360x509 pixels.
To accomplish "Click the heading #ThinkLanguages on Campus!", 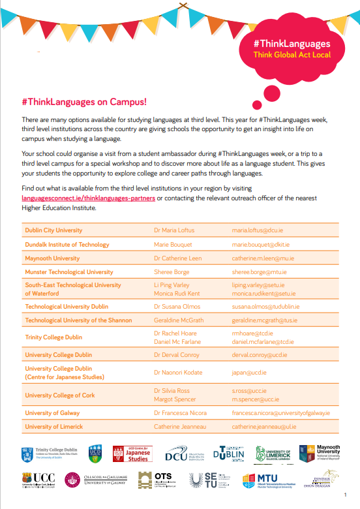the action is click(84, 102).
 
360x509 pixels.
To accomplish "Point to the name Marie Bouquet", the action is click(173, 245).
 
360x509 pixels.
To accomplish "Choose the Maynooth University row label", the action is click(52, 258).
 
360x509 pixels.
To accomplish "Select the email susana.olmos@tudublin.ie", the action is click(265, 306).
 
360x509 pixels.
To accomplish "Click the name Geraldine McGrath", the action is click(179, 320).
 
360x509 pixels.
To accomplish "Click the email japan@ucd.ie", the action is click(249, 373).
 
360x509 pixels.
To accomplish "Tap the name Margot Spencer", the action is click(174, 399).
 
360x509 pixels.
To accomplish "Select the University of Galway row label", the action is click(52, 413).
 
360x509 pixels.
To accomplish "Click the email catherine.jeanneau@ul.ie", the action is click(263, 427).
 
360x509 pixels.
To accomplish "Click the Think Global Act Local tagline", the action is click(292, 55).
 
